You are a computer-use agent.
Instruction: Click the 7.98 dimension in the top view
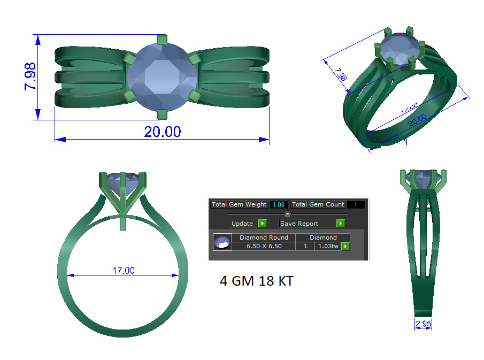tap(30, 76)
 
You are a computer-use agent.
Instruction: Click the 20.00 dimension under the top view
tap(162, 132)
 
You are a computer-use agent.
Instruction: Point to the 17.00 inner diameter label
tap(123, 271)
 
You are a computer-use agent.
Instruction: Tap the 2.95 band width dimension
tap(423, 324)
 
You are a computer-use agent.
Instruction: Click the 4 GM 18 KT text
tap(256, 281)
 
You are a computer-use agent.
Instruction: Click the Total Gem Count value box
tap(355, 204)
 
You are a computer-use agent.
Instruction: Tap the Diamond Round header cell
tap(264, 238)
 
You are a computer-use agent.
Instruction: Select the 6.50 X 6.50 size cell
tap(264, 246)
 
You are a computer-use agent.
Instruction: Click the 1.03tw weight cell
tap(328, 246)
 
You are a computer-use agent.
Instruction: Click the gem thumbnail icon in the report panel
tap(222, 242)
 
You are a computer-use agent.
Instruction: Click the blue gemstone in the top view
tap(162, 76)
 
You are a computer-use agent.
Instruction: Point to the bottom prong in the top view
tap(162, 114)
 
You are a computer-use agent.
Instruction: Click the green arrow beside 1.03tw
tap(345, 246)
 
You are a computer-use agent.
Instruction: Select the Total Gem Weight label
tap(239, 204)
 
